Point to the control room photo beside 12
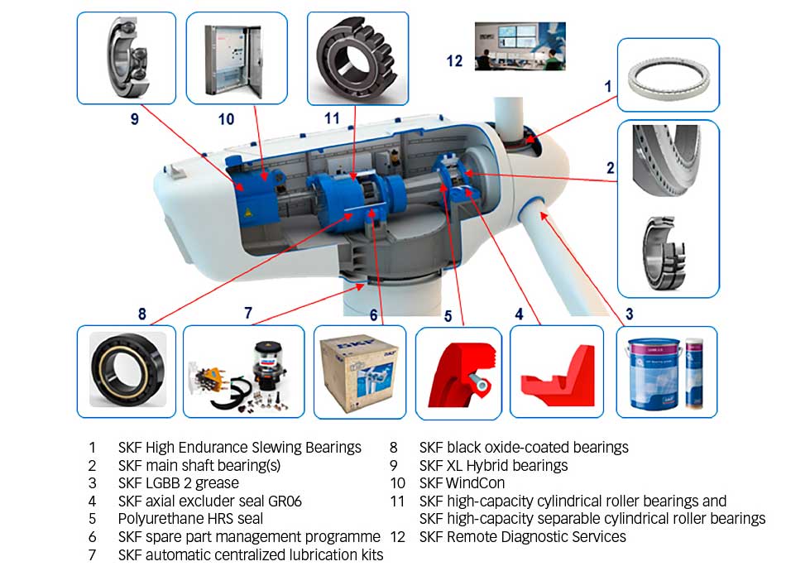[520, 46]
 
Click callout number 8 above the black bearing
[142, 314]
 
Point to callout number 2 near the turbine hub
[611, 168]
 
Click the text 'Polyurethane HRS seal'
[190, 519]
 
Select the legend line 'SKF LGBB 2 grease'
[178, 482]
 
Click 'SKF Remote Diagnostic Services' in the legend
[522, 537]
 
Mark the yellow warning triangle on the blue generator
[247, 213]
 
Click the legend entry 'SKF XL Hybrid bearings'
[493, 465]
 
